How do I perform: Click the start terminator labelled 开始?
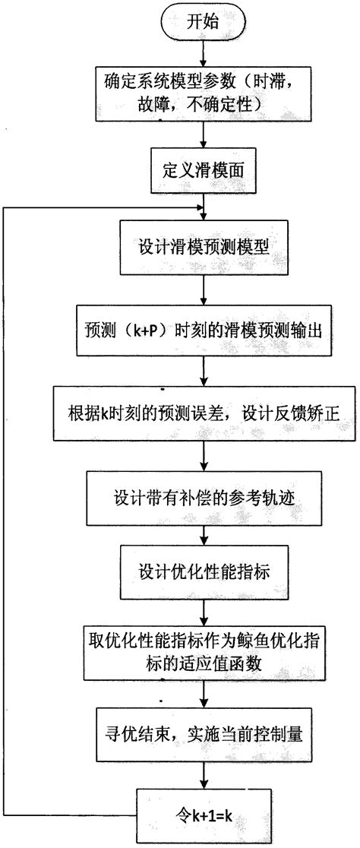[x=201, y=22]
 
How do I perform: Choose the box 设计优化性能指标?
[x=201, y=573]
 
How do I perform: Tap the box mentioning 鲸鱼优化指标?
[x=201, y=652]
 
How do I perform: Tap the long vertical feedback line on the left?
[x=5, y=509]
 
